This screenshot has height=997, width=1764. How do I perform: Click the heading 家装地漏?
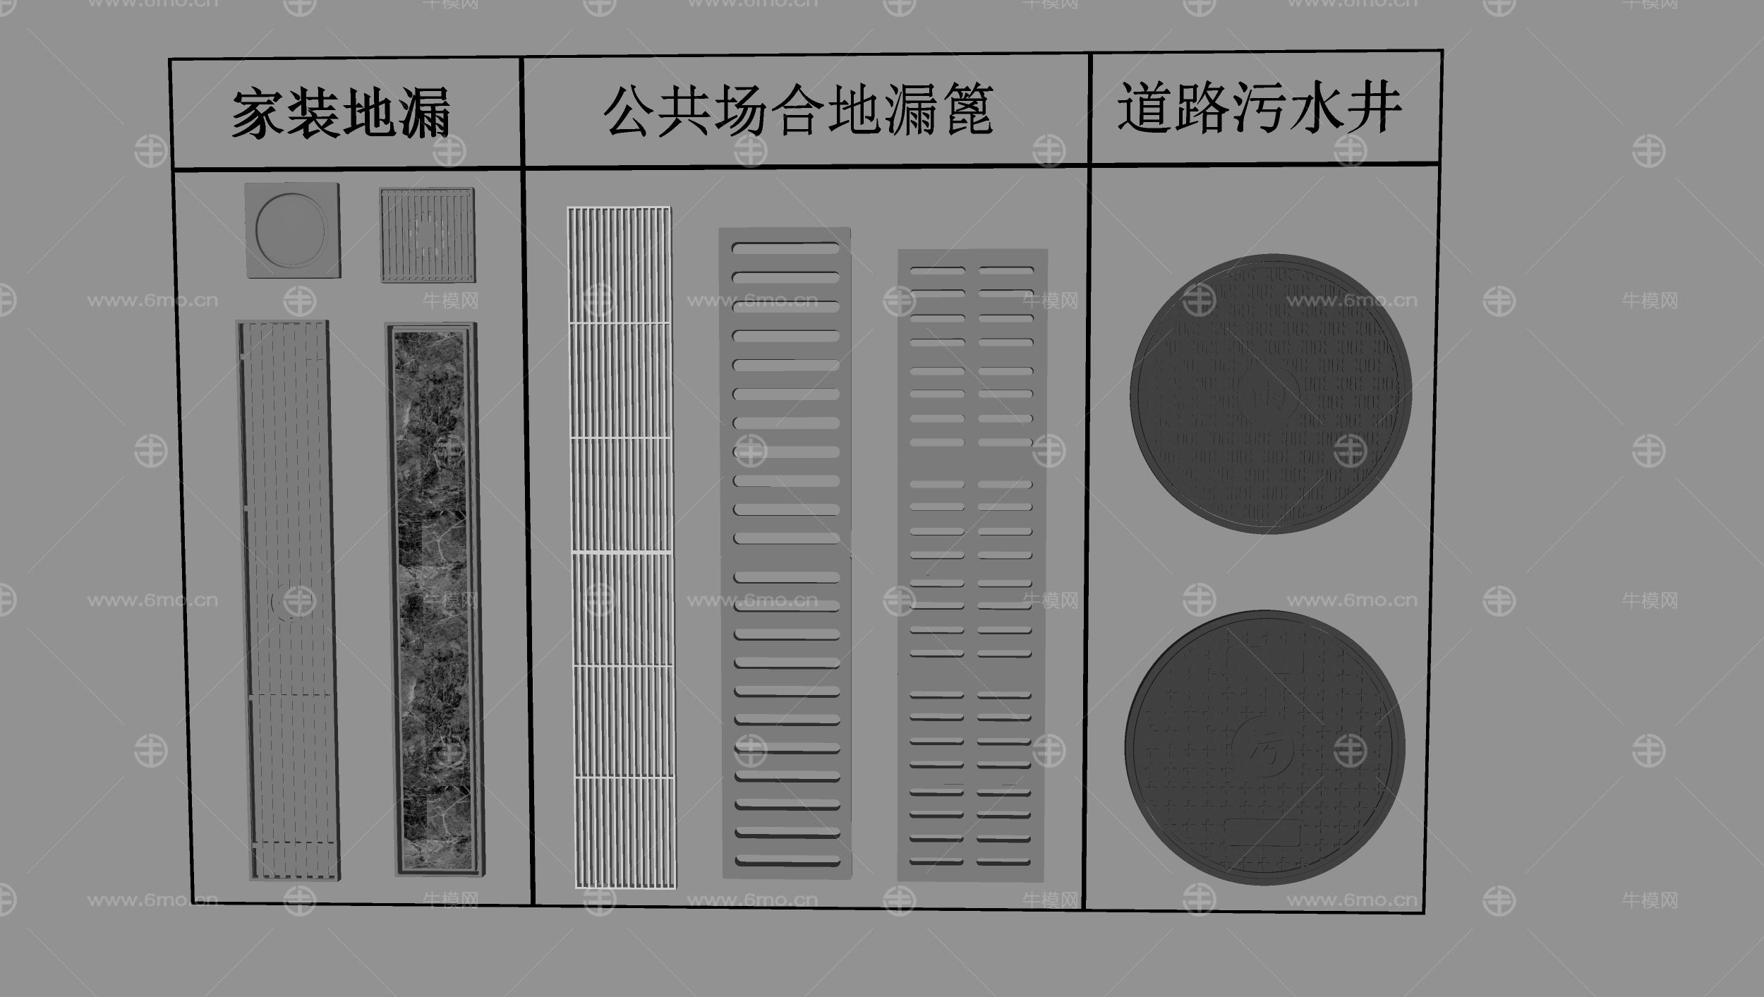point(342,113)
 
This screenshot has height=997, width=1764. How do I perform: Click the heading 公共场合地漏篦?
point(798,110)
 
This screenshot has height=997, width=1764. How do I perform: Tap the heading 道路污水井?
point(1259,107)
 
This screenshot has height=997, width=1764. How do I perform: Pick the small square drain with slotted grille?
point(427,235)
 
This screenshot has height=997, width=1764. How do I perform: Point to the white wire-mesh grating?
point(621,547)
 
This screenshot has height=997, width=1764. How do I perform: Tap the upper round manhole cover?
point(1270,394)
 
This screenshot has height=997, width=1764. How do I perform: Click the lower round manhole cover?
point(1264,748)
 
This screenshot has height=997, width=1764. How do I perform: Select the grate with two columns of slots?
point(971,564)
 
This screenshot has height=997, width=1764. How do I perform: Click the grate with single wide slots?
point(785,554)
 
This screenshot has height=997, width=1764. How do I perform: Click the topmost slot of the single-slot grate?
point(785,248)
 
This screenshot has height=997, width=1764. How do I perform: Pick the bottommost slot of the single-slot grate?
point(787,861)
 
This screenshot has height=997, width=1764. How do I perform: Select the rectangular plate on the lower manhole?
point(1263,833)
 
